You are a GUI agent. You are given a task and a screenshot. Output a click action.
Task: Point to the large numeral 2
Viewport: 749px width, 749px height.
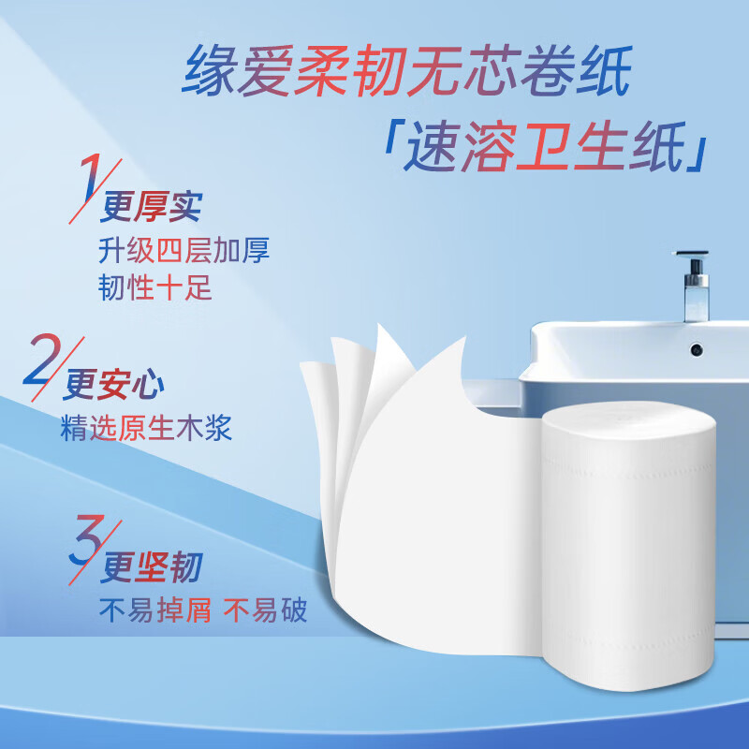42,364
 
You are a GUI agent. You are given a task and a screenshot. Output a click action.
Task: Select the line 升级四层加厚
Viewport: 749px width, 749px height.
184,249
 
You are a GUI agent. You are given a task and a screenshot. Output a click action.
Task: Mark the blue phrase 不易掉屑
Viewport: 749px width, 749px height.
155,611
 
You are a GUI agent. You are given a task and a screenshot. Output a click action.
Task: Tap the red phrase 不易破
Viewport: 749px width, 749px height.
265,611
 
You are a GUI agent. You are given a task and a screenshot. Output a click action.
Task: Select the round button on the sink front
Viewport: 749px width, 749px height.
697,349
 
